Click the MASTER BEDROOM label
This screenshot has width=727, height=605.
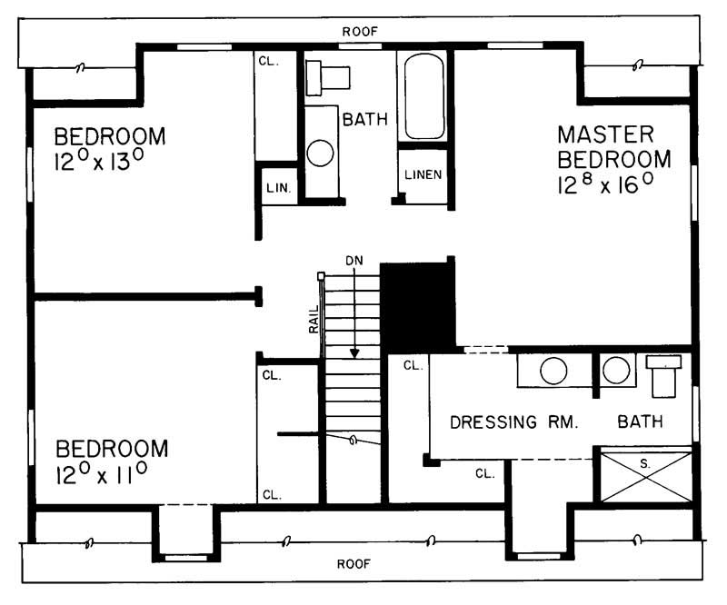coord(614,147)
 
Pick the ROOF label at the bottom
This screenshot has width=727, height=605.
coord(354,563)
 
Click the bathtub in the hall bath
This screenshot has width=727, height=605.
coord(423,96)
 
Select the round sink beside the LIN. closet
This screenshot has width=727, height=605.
coord(321,152)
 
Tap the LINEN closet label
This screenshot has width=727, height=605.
coord(423,174)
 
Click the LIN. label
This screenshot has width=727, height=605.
coord(277,187)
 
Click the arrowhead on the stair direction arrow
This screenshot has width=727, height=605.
coord(355,352)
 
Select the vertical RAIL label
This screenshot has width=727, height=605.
coord(314,317)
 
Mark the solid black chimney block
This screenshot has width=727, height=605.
coord(417,305)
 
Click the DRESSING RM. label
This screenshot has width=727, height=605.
coord(514,422)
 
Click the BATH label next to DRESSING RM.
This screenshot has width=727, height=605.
coord(640,422)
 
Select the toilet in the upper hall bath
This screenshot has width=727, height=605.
coord(321,79)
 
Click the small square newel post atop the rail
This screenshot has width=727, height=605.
coord(321,275)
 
